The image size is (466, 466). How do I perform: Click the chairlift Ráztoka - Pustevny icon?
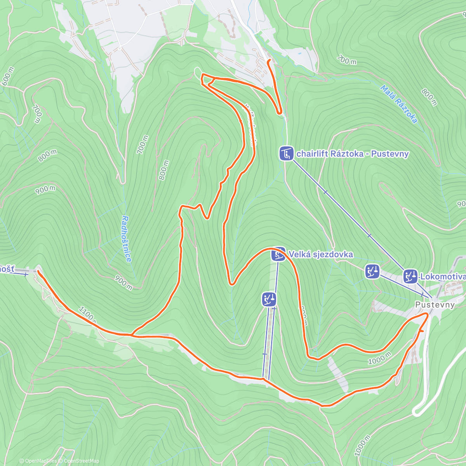287,153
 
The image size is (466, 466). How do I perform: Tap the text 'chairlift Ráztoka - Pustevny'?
352,154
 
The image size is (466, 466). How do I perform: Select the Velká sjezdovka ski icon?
278,255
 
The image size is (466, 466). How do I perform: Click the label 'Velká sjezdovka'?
320,254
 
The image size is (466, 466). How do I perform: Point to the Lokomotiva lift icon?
410,276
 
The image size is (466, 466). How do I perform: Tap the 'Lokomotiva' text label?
443,276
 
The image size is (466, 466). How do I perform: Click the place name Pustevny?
435,305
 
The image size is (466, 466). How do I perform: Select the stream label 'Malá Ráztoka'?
399,104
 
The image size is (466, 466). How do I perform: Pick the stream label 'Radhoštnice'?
126,238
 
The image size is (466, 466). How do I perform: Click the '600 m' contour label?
8,76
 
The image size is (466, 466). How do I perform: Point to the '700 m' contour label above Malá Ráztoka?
347,60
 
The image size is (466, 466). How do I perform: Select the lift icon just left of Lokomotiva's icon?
372,271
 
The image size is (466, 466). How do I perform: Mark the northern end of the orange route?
269,61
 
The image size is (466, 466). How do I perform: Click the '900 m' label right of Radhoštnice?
123,282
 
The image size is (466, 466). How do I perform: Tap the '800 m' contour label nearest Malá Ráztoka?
429,97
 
